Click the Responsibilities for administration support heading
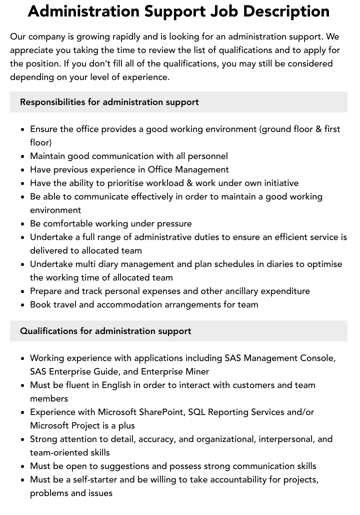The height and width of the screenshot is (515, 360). coord(109,102)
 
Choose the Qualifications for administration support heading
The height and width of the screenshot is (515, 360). coord(105,331)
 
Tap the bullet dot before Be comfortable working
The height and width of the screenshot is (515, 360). coord(22,224)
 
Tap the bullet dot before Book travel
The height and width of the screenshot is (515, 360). coord(22,305)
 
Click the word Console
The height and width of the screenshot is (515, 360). coord(317,358)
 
